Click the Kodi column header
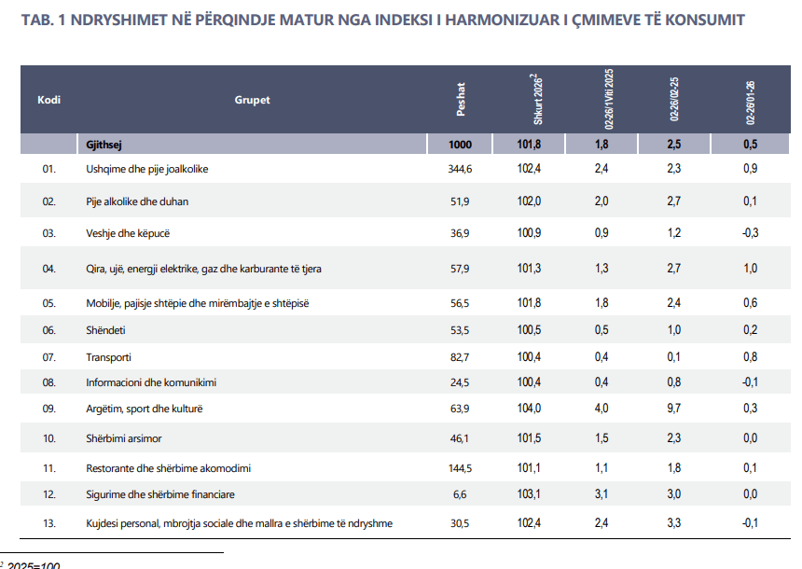pyautogui.click(x=48, y=100)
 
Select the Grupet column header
pyautogui.click(x=252, y=100)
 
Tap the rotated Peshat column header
pyautogui.click(x=461, y=100)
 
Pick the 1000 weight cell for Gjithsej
pyautogui.click(x=461, y=144)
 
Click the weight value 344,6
pyautogui.click(x=462, y=169)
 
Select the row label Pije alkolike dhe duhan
pyautogui.click(x=139, y=201)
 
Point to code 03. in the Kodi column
pyautogui.click(x=49, y=233)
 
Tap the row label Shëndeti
pyautogui.click(x=106, y=330)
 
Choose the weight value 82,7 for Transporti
pyautogui.click(x=462, y=357)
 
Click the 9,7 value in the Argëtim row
pyautogui.click(x=675, y=409)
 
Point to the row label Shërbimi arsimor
pyautogui.click(x=124, y=437)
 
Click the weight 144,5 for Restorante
pyautogui.click(x=462, y=468)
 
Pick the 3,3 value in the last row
pyautogui.click(x=675, y=523)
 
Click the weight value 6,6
pyautogui.click(x=462, y=494)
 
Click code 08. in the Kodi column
pyautogui.click(x=49, y=382)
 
